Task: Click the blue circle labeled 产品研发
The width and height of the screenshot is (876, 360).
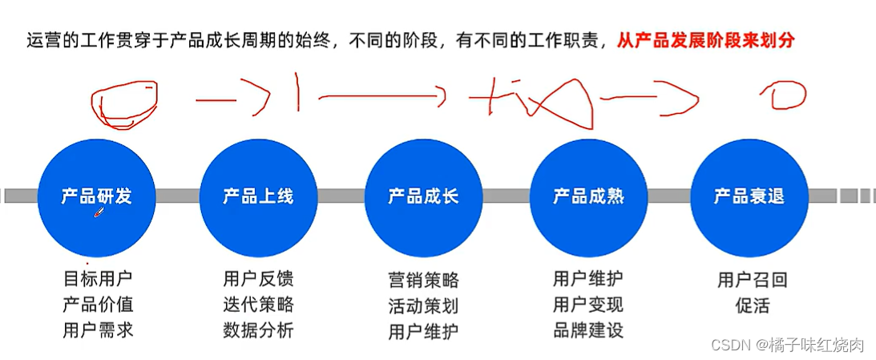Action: click(x=96, y=196)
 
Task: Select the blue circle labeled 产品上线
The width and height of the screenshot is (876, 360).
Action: click(x=258, y=196)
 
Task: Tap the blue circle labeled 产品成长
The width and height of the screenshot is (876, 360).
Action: click(x=423, y=196)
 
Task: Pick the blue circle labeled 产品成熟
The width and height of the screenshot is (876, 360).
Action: click(x=588, y=196)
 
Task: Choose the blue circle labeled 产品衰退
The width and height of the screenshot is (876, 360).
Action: click(x=749, y=196)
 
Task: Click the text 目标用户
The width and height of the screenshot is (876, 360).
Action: click(x=98, y=278)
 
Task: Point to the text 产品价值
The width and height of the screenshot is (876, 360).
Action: click(x=98, y=304)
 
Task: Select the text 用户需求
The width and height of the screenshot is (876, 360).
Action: click(x=98, y=330)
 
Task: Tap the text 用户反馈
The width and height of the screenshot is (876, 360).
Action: click(x=258, y=278)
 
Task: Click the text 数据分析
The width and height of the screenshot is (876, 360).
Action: click(x=258, y=330)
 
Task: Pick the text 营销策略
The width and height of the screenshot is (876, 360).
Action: click(x=423, y=280)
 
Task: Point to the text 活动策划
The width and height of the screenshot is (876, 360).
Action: click(x=423, y=305)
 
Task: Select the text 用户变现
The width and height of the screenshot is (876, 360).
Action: click(x=587, y=304)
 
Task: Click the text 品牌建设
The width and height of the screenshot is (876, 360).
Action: click(x=587, y=330)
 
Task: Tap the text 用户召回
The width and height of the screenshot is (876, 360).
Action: click(x=752, y=280)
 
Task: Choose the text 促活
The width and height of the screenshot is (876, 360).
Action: click(x=752, y=305)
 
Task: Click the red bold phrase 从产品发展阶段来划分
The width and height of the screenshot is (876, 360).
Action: click(x=705, y=40)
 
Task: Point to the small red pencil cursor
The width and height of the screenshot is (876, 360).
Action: click(x=99, y=212)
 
